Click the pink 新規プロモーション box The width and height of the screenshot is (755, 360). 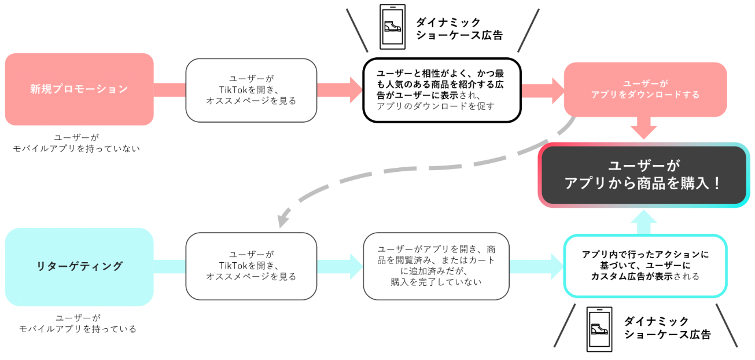click(x=79, y=89)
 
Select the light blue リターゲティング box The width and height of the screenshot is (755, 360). click(x=79, y=266)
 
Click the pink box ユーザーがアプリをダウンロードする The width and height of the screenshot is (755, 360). click(x=645, y=89)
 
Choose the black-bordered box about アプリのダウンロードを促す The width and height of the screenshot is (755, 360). click(x=442, y=90)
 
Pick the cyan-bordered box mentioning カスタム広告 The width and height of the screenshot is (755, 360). click(x=645, y=266)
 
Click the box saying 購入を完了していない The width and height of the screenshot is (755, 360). click(x=436, y=266)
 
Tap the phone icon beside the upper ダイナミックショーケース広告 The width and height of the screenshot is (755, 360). click(x=392, y=27)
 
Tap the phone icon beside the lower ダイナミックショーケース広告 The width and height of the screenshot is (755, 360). click(x=600, y=328)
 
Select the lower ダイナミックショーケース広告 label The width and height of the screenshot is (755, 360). click(x=666, y=328)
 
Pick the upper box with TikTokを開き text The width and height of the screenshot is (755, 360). click(x=251, y=90)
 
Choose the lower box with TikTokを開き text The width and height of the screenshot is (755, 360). click(x=251, y=266)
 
